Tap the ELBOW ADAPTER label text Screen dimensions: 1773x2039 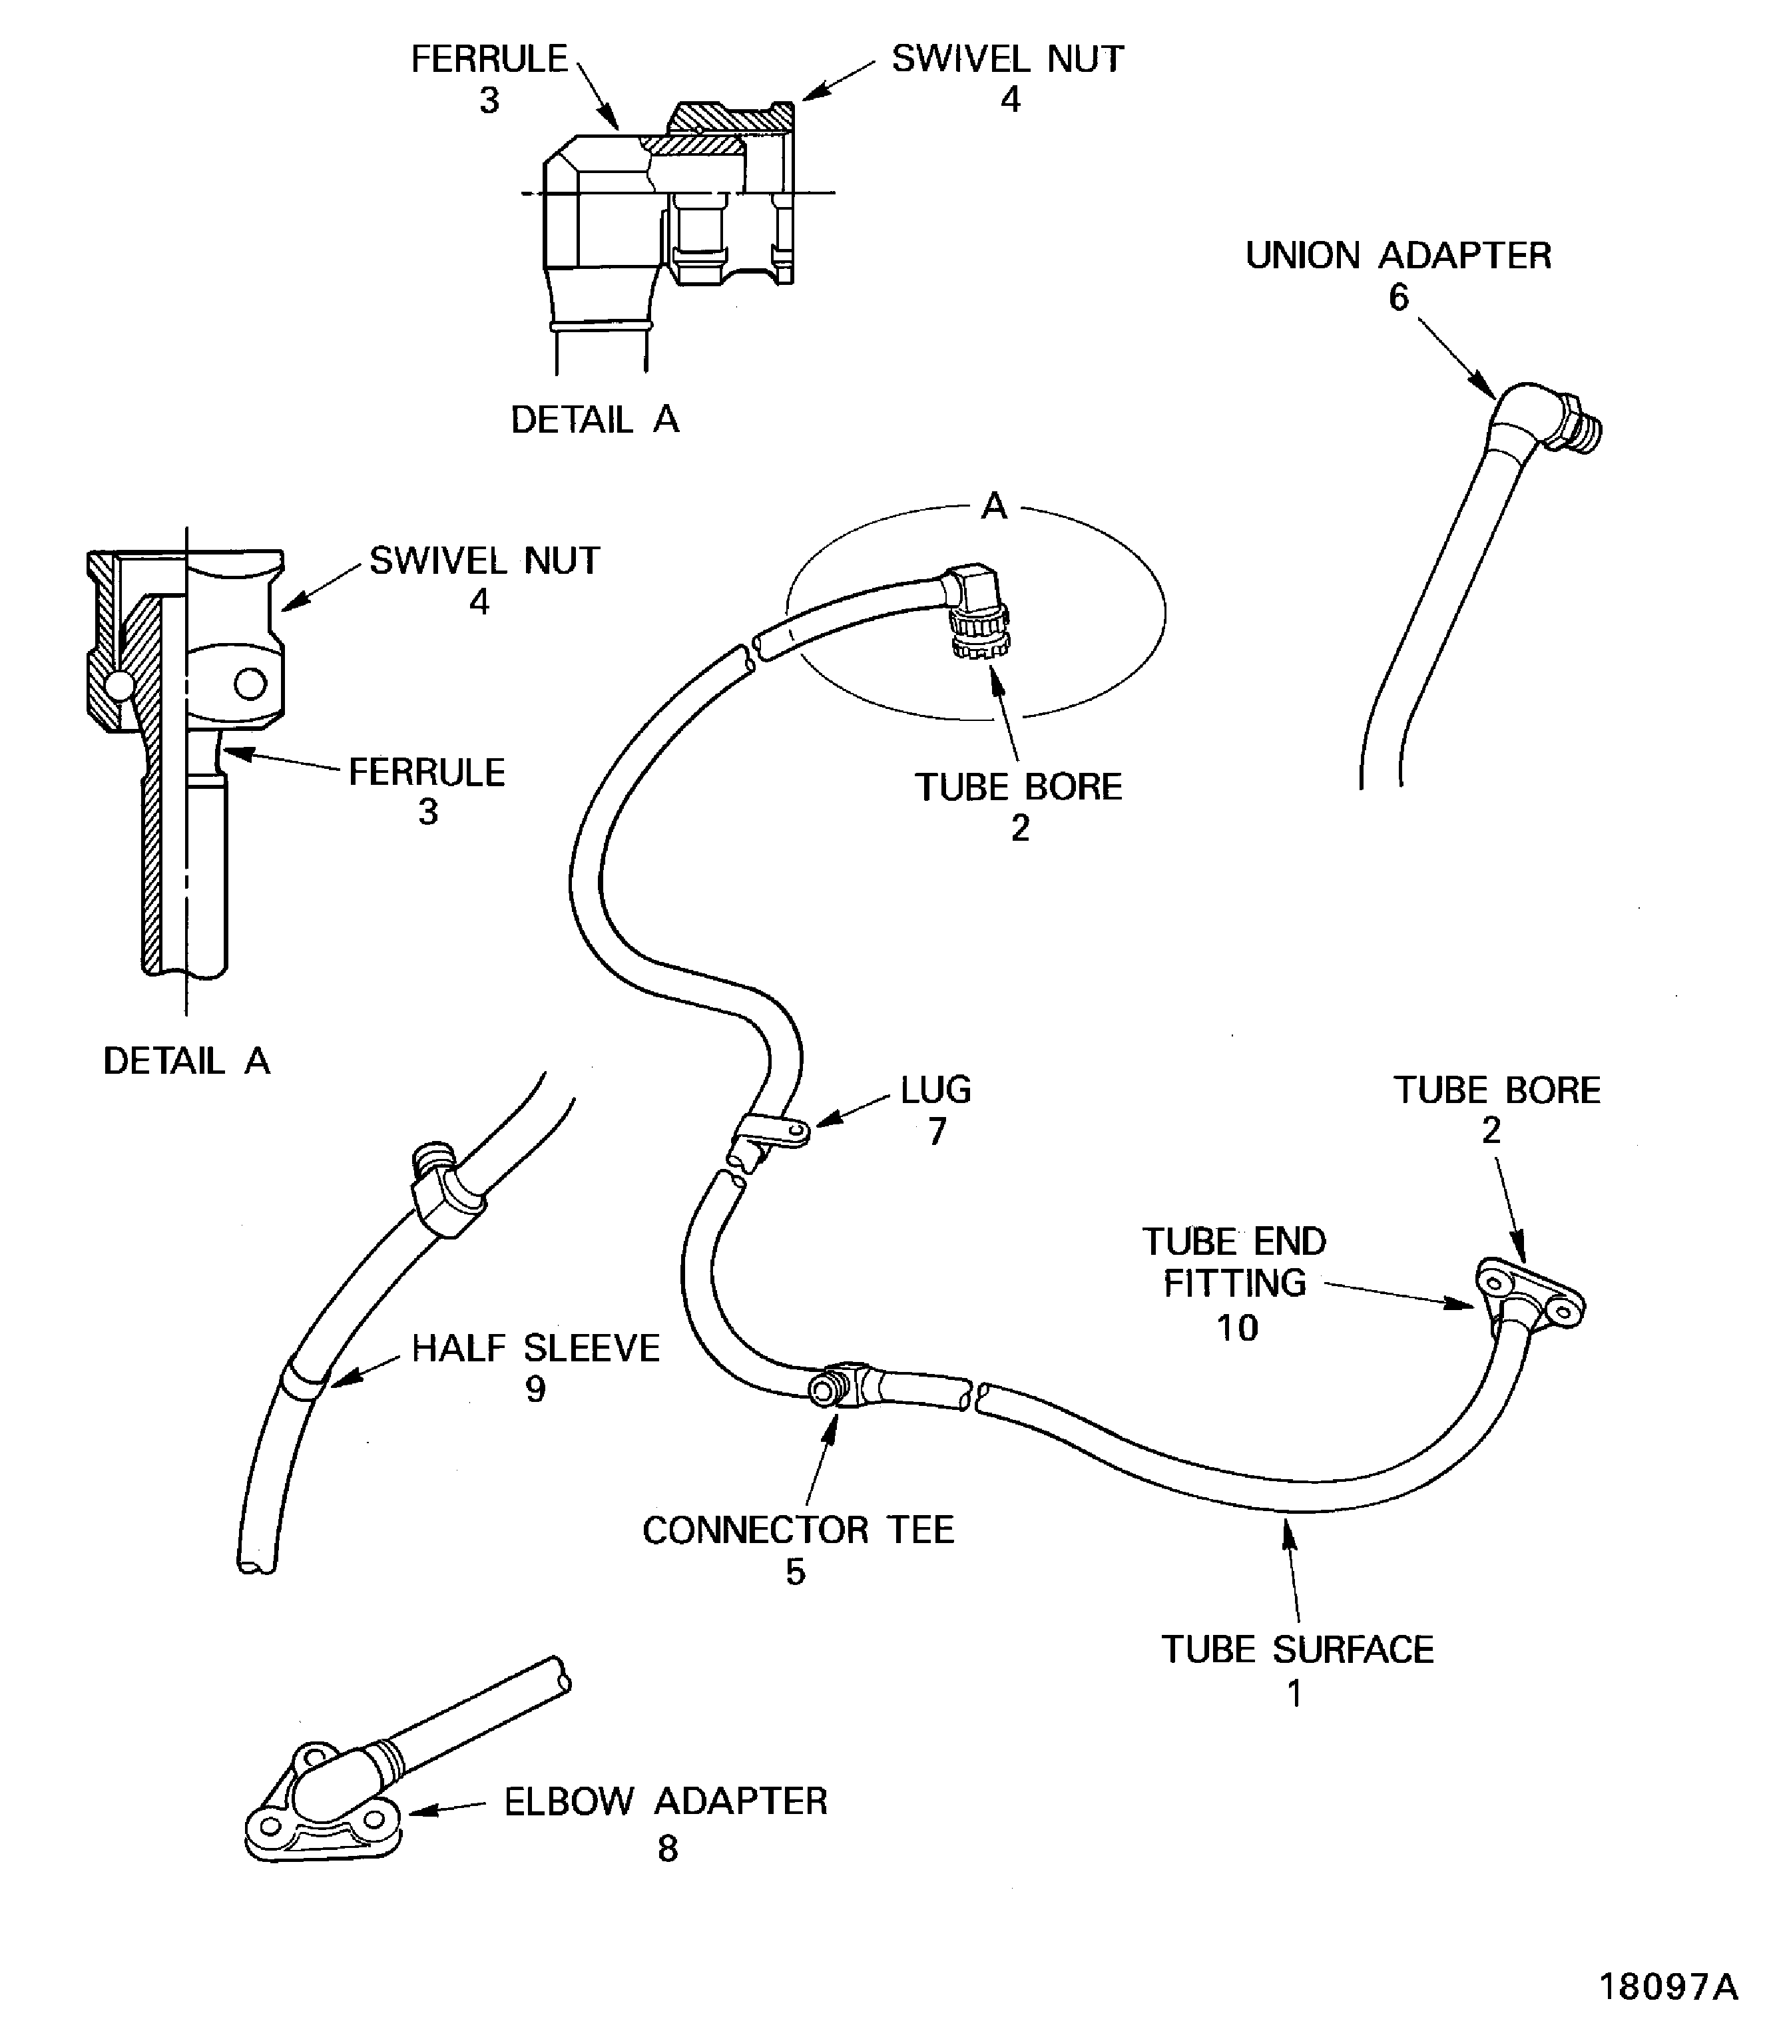[x=665, y=1801]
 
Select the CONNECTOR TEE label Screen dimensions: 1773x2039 [x=798, y=1530]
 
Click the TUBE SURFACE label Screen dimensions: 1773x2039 [x=1297, y=1649]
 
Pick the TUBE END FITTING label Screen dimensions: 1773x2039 [x=1235, y=1262]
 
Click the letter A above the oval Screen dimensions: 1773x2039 [x=993, y=507]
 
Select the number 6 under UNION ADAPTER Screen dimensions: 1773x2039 [x=1398, y=298]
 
